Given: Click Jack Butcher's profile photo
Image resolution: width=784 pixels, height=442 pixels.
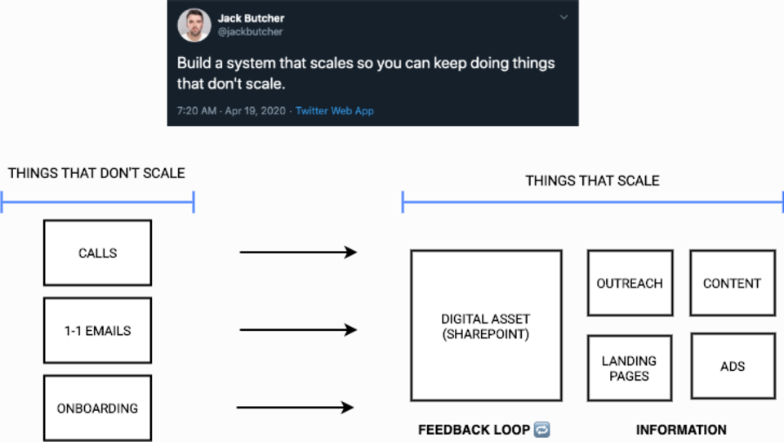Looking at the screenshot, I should (x=194, y=25).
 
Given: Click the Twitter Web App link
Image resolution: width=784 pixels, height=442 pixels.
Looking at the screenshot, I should (x=335, y=110).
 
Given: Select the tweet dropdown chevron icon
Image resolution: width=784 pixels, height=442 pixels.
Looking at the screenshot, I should (x=563, y=16).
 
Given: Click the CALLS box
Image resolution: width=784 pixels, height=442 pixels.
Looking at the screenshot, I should (x=97, y=252).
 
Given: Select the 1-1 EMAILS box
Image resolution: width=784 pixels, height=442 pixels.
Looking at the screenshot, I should (x=97, y=331).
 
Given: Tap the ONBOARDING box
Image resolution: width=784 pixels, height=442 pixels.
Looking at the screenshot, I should (x=97, y=408).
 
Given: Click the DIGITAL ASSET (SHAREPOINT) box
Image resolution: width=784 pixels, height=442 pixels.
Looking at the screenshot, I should (x=486, y=325).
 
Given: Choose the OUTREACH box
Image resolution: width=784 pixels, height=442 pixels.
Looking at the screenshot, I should (x=630, y=284).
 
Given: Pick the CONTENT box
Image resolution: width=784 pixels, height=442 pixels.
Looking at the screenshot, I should (x=732, y=284).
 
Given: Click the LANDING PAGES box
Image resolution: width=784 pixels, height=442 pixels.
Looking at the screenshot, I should (x=630, y=368).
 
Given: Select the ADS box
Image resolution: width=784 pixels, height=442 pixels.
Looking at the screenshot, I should (x=732, y=366).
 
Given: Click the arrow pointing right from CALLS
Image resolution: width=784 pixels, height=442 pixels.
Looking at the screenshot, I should (x=298, y=252).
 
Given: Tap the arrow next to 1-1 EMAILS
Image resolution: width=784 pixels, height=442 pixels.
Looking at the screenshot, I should (x=298, y=330).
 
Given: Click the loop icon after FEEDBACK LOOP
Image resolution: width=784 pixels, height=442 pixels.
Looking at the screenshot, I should (x=541, y=430).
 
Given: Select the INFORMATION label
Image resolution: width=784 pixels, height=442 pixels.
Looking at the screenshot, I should (x=681, y=430).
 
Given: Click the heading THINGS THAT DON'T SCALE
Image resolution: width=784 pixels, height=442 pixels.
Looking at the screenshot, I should (x=96, y=173).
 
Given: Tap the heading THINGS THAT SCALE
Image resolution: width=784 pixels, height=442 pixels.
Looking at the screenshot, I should (x=592, y=181).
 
